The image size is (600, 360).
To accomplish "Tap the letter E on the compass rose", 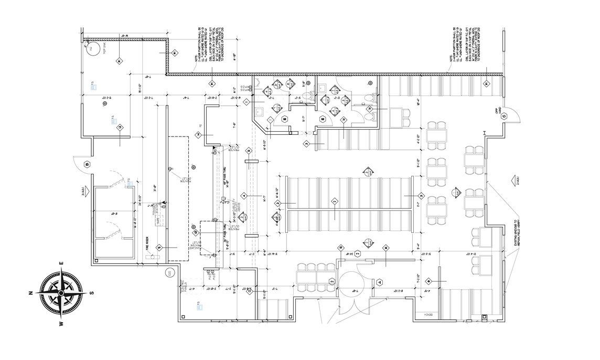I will tap(61, 263).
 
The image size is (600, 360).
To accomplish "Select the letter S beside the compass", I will tap(93, 293).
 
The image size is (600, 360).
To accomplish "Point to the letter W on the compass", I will tap(62, 323).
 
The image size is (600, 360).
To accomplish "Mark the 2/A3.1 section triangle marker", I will tap(513, 181).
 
